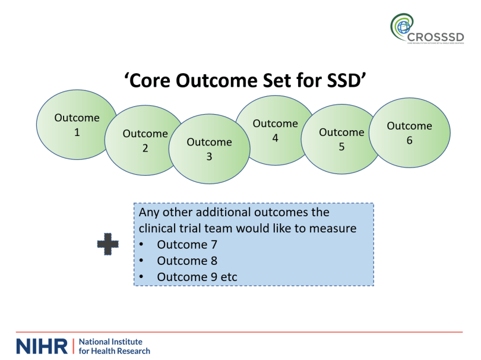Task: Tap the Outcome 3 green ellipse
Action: coord(209,149)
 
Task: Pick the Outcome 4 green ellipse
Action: coord(275,130)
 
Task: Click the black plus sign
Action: coord(107,245)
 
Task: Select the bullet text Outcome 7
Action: coord(187,244)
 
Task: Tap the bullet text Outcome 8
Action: coord(187,260)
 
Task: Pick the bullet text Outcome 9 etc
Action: coord(197,277)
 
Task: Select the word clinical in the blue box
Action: coord(157,228)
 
